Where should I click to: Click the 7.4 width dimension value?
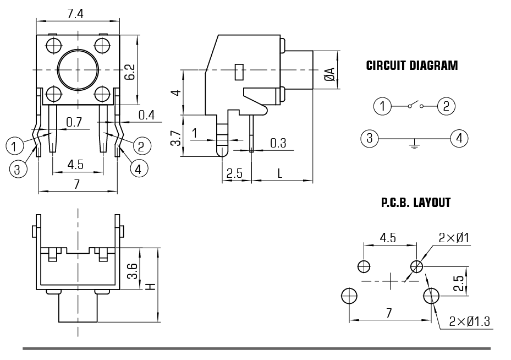click(x=76, y=13)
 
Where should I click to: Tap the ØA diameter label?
click(x=328, y=74)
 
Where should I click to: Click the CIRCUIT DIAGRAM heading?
click(x=411, y=66)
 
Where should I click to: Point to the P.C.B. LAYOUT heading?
click(x=416, y=203)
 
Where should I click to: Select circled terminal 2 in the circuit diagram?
click(x=446, y=105)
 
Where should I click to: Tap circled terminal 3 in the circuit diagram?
click(x=370, y=138)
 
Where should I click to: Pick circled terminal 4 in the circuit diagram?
click(x=459, y=138)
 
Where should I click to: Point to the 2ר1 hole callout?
click(x=454, y=238)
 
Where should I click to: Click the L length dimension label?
click(x=279, y=173)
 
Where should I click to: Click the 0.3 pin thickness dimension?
click(x=278, y=143)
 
